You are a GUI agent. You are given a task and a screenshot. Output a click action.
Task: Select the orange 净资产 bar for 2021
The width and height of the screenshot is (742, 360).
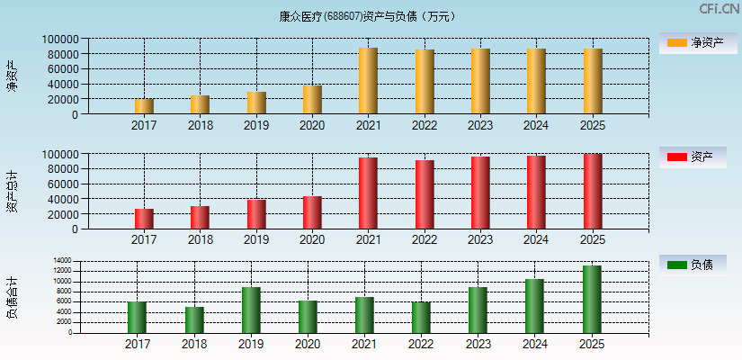coord(368,81)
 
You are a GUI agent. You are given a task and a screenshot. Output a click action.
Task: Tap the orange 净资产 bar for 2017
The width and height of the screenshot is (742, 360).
coord(144,106)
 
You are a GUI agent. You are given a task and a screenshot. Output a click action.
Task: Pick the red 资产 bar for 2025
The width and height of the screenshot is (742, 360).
coord(592,191)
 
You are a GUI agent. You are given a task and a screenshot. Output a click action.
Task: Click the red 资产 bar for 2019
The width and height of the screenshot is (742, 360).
coord(256,214)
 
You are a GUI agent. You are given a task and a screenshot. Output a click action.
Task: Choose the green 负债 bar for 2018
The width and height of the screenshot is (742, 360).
coord(194,319)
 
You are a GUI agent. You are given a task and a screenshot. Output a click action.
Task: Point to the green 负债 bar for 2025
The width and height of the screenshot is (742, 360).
coord(592,299)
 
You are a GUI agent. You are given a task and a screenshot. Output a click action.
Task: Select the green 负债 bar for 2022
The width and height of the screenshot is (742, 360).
coord(421,317)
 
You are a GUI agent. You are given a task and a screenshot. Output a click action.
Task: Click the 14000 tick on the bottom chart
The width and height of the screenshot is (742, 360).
coord(63,261)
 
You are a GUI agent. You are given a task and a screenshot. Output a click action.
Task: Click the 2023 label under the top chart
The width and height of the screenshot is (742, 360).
coord(480,126)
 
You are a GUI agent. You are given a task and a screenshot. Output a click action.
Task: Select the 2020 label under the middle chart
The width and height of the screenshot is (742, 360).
coord(312,240)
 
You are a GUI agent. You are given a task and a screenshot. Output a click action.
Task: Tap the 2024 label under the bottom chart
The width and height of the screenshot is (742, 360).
coord(534,344)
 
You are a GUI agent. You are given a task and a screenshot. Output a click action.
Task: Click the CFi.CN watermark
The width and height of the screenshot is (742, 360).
coord(720,8)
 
